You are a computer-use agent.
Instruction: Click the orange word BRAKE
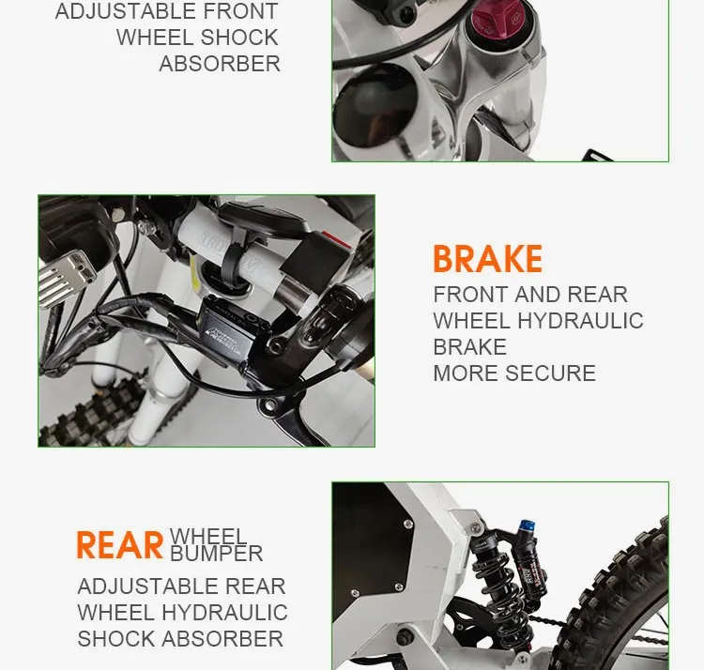click(487, 259)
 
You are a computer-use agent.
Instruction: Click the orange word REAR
click(119, 546)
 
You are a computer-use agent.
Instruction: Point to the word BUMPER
click(216, 554)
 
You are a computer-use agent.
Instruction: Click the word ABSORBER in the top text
click(220, 65)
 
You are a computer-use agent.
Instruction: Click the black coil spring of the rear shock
click(490, 582)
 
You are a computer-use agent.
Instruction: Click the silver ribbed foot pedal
click(66, 278)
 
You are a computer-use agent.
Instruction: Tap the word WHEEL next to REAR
click(207, 537)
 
